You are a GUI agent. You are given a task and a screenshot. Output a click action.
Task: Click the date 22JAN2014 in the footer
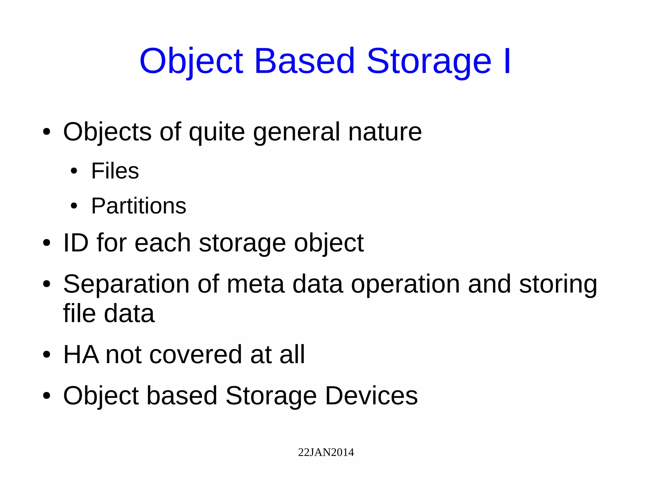point(326,452)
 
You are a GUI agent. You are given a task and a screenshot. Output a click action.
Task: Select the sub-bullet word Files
point(115,171)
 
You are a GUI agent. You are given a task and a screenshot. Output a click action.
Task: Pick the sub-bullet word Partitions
point(138,206)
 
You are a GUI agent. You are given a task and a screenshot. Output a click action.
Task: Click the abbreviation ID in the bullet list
point(76,243)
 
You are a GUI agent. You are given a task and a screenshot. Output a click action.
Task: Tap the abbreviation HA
point(81,354)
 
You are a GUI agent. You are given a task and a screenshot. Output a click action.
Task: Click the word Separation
point(126,284)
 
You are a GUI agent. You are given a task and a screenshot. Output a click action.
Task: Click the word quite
point(216,132)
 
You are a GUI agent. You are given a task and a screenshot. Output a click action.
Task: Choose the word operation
point(405,284)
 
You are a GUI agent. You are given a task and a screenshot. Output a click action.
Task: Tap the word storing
point(558,284)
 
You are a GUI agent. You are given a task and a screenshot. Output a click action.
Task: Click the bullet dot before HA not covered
point(46,355)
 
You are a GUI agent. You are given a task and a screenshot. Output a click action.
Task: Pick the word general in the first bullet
point(296,133)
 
